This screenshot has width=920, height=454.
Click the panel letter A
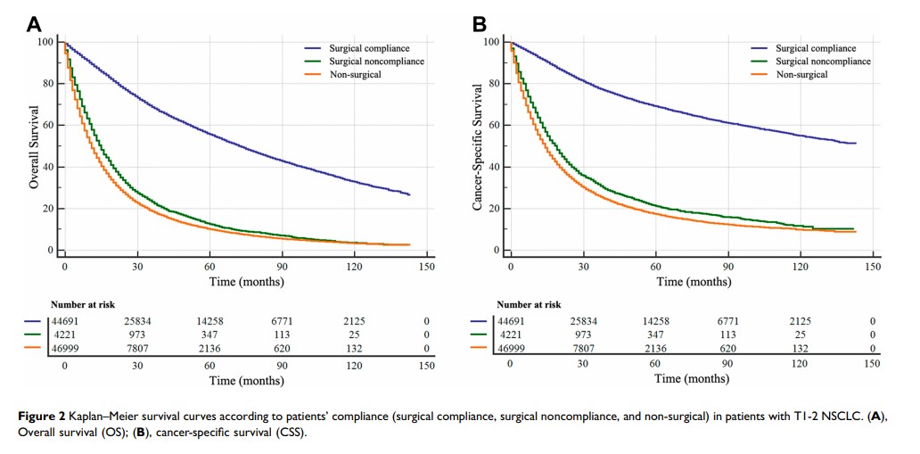point(37,24)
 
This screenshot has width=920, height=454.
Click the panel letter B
point(480,24)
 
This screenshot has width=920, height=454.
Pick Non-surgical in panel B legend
point(801,75)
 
